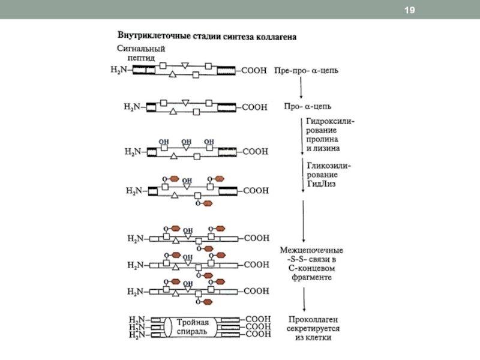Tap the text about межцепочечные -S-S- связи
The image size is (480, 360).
click(311, 263)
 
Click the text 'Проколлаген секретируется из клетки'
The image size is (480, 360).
click(314, 328)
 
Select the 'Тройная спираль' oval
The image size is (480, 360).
click(192, 327)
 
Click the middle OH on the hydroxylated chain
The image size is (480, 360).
click(187, 142)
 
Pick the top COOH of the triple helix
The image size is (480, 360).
click(258, 319)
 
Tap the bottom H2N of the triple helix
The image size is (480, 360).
click(138, 335)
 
